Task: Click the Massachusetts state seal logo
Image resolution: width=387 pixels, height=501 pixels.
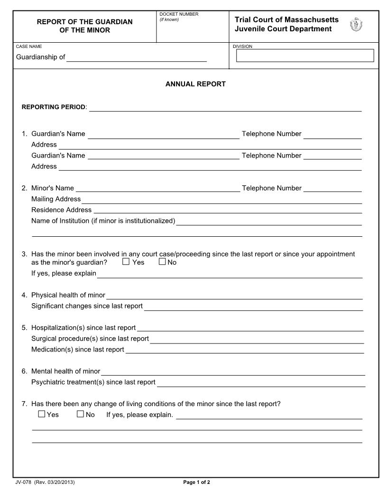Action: click(x=356, y=25)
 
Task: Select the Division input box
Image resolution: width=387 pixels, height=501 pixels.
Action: click(x=305, y=56)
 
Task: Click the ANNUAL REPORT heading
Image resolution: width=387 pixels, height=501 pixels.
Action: click(x=195, y=84)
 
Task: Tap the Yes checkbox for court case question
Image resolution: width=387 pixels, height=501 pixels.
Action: click(x=126, y=261)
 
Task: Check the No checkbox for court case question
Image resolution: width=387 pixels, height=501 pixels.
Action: click(x=162, y=261)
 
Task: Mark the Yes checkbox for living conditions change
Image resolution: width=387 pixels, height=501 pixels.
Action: click(x=42, y=414)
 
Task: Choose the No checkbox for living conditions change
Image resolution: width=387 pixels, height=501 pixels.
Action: click(x=80, y=414)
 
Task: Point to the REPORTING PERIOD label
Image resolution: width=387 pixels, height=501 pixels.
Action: click(x=54, y=107)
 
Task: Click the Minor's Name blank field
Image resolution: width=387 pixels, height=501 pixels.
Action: click(x=157, y=188)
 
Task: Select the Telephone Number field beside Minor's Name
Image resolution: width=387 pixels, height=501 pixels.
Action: click(x=332, y=188)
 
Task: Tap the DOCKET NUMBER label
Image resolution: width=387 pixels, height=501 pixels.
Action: click(x=179, y=14)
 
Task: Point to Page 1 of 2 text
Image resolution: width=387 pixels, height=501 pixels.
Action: click(x=196, y=482)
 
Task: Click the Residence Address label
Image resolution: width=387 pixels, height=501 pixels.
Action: click(x=61, y=210)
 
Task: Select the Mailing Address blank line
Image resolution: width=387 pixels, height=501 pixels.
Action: click(x=221, y=199)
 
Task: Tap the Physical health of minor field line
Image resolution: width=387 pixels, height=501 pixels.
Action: click(x=234, y=296)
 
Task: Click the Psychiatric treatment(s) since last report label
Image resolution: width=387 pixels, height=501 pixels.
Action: click(x=93, y=382)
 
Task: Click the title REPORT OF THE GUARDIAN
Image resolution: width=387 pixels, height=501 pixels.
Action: click(x=85, y=22)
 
